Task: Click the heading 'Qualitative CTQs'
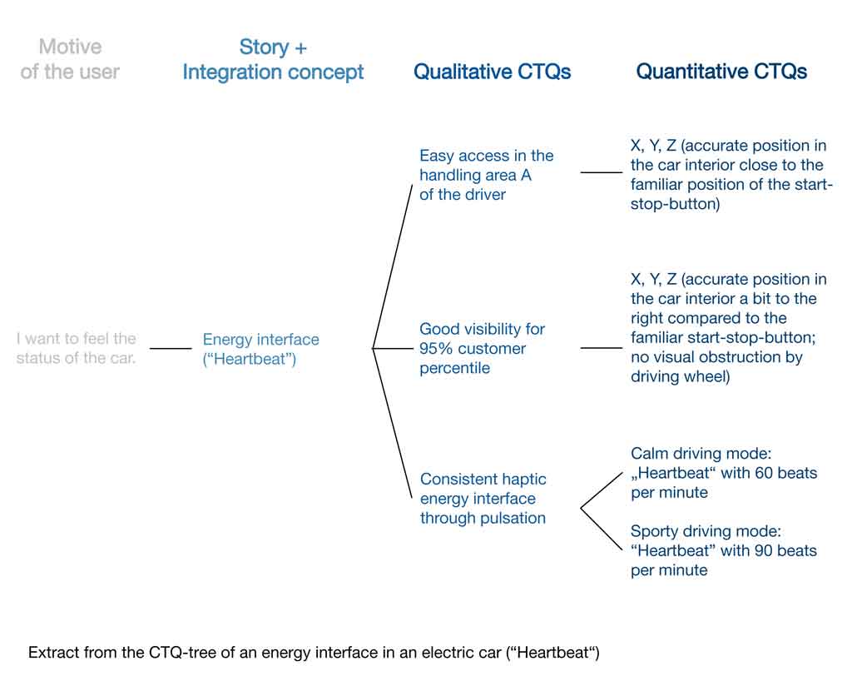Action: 493,72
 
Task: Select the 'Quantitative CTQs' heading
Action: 721,72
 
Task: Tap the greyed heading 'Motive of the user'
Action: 70,59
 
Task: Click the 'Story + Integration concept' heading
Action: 273,60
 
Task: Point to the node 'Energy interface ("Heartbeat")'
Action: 260,349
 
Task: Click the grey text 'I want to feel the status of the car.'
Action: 76,348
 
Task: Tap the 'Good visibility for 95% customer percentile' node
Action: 482,349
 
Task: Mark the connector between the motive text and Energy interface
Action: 171,348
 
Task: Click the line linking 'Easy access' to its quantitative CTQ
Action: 602,172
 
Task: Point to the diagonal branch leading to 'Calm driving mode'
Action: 602,490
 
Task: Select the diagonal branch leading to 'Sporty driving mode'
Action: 602,529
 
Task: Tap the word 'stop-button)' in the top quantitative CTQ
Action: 676,205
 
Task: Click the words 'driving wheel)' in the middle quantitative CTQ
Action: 681,377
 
